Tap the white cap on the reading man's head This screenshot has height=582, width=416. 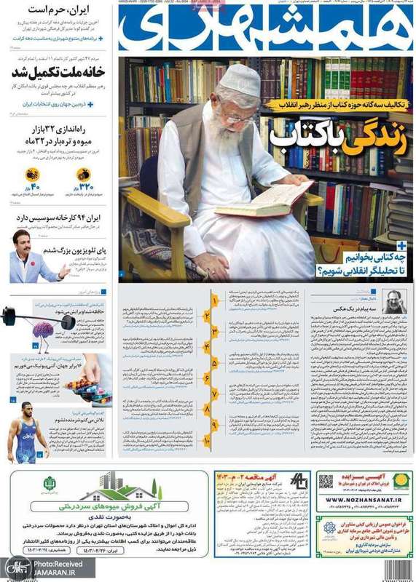coord(240,81)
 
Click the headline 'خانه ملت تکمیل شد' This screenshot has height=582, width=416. coord(59,73)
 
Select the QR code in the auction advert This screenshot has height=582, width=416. coord(326,482)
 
